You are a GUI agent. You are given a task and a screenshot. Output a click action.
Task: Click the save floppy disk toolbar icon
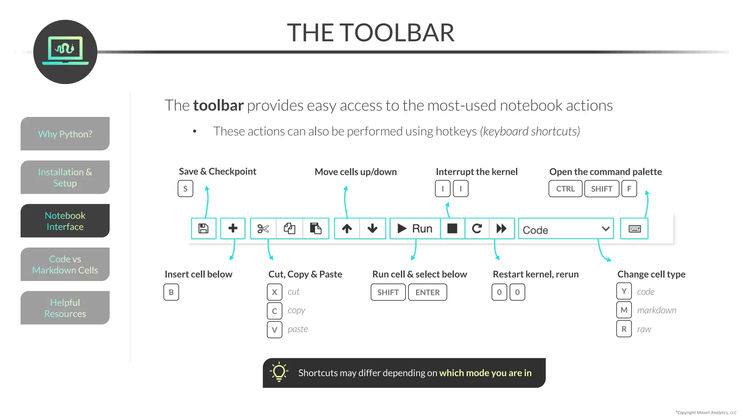point(203,229)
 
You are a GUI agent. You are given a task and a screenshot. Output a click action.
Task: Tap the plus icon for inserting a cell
point(233,228)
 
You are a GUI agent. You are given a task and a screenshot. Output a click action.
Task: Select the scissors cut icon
point(263,229)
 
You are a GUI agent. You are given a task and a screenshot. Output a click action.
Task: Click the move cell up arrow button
point(347,229)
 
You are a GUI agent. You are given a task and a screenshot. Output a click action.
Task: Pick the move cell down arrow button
point(372,229)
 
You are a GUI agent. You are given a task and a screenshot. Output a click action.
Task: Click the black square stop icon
point(452,228)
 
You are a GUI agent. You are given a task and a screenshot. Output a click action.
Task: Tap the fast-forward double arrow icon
point(501,229)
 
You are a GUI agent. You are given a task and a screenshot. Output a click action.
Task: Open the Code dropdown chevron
point(605,229)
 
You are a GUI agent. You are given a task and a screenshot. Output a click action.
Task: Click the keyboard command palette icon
point(634,229)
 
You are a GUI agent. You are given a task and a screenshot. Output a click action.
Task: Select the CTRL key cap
point(565,189)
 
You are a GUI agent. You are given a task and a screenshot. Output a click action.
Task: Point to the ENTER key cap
point(428,292)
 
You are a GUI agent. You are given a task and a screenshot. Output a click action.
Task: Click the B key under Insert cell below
point(171,292)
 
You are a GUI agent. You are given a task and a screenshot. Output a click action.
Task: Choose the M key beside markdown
point(624,310)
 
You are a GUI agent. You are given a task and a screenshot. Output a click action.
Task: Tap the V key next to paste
point(275,330)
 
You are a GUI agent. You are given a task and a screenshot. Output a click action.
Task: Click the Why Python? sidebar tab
point(65,134)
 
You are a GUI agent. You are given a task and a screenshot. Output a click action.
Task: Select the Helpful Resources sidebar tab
point(65,308)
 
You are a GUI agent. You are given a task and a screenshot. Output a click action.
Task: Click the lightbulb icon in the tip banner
point(279,372)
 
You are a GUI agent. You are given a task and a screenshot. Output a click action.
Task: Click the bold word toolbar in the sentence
point(218,106)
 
